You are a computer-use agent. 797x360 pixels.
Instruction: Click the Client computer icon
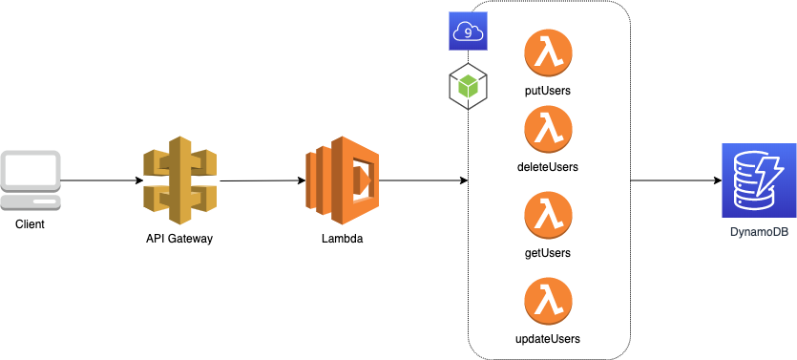point(31,180)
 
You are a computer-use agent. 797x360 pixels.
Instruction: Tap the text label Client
point(31,223)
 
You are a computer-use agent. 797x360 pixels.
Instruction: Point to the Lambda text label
point(342,238)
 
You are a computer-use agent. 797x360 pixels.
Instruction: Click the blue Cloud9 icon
point(468,32)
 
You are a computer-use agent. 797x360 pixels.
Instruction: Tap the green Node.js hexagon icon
point(468,87)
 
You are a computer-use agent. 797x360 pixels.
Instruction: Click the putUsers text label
point(548,91)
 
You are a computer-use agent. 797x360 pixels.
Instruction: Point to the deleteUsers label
point(548,167)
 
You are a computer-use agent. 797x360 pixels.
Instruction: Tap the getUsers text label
point(548,253)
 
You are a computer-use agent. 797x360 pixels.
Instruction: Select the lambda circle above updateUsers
point(548,301)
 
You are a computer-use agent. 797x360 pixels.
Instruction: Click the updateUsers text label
point(548,338)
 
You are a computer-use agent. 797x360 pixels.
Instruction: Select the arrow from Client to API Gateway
point(95,180)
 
